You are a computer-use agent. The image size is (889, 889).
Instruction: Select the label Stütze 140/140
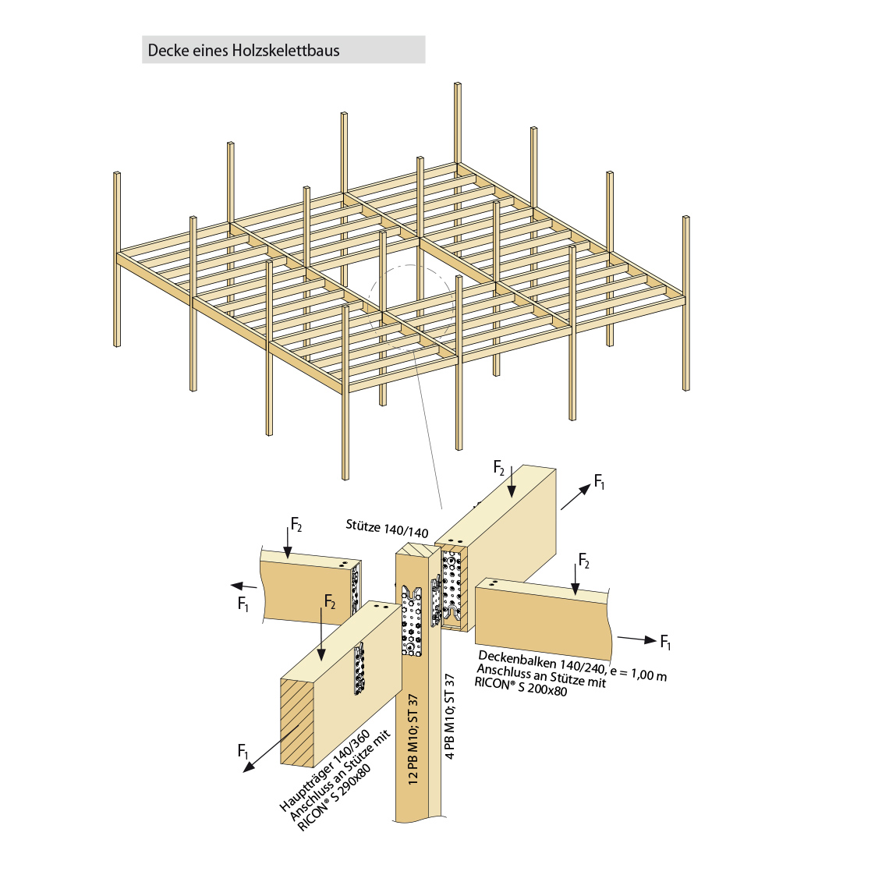coord(388,528)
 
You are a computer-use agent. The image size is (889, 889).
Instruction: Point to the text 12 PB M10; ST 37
coord(413,738)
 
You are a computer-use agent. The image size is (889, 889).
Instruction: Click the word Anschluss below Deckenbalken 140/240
coord(505,672)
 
